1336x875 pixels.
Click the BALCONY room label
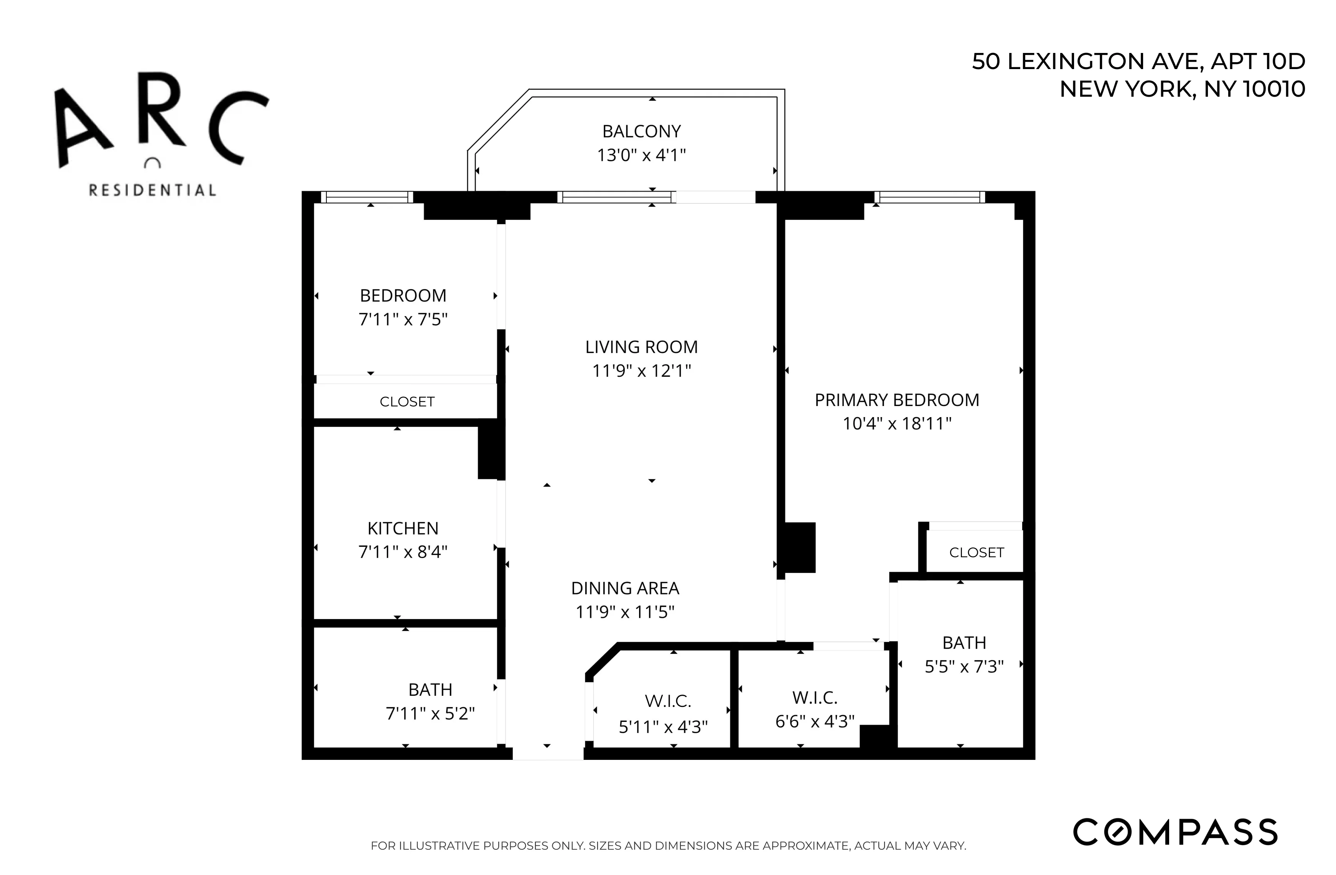(641, 131)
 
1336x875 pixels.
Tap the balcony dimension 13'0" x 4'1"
(641, 155)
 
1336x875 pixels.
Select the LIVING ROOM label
(641, 347)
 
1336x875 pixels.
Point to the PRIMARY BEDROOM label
(896, 400)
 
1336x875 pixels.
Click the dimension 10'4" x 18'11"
(896, 423)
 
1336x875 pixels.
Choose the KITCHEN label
(402, 528)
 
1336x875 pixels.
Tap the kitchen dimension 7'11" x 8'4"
(402, 552)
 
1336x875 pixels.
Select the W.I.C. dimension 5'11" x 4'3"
(662, 727)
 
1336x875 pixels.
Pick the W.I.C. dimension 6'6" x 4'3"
(814, 721)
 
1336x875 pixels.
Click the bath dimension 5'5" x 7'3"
(964, 666)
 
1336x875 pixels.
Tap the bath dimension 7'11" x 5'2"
(430, 713)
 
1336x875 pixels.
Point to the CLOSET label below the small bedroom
(407, 401)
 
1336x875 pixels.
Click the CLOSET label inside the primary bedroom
(976, 553)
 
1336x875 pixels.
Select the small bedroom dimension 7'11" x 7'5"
(402, 319)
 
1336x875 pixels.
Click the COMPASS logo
(1175, 832)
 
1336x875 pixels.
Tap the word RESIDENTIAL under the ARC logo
(152, 190)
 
